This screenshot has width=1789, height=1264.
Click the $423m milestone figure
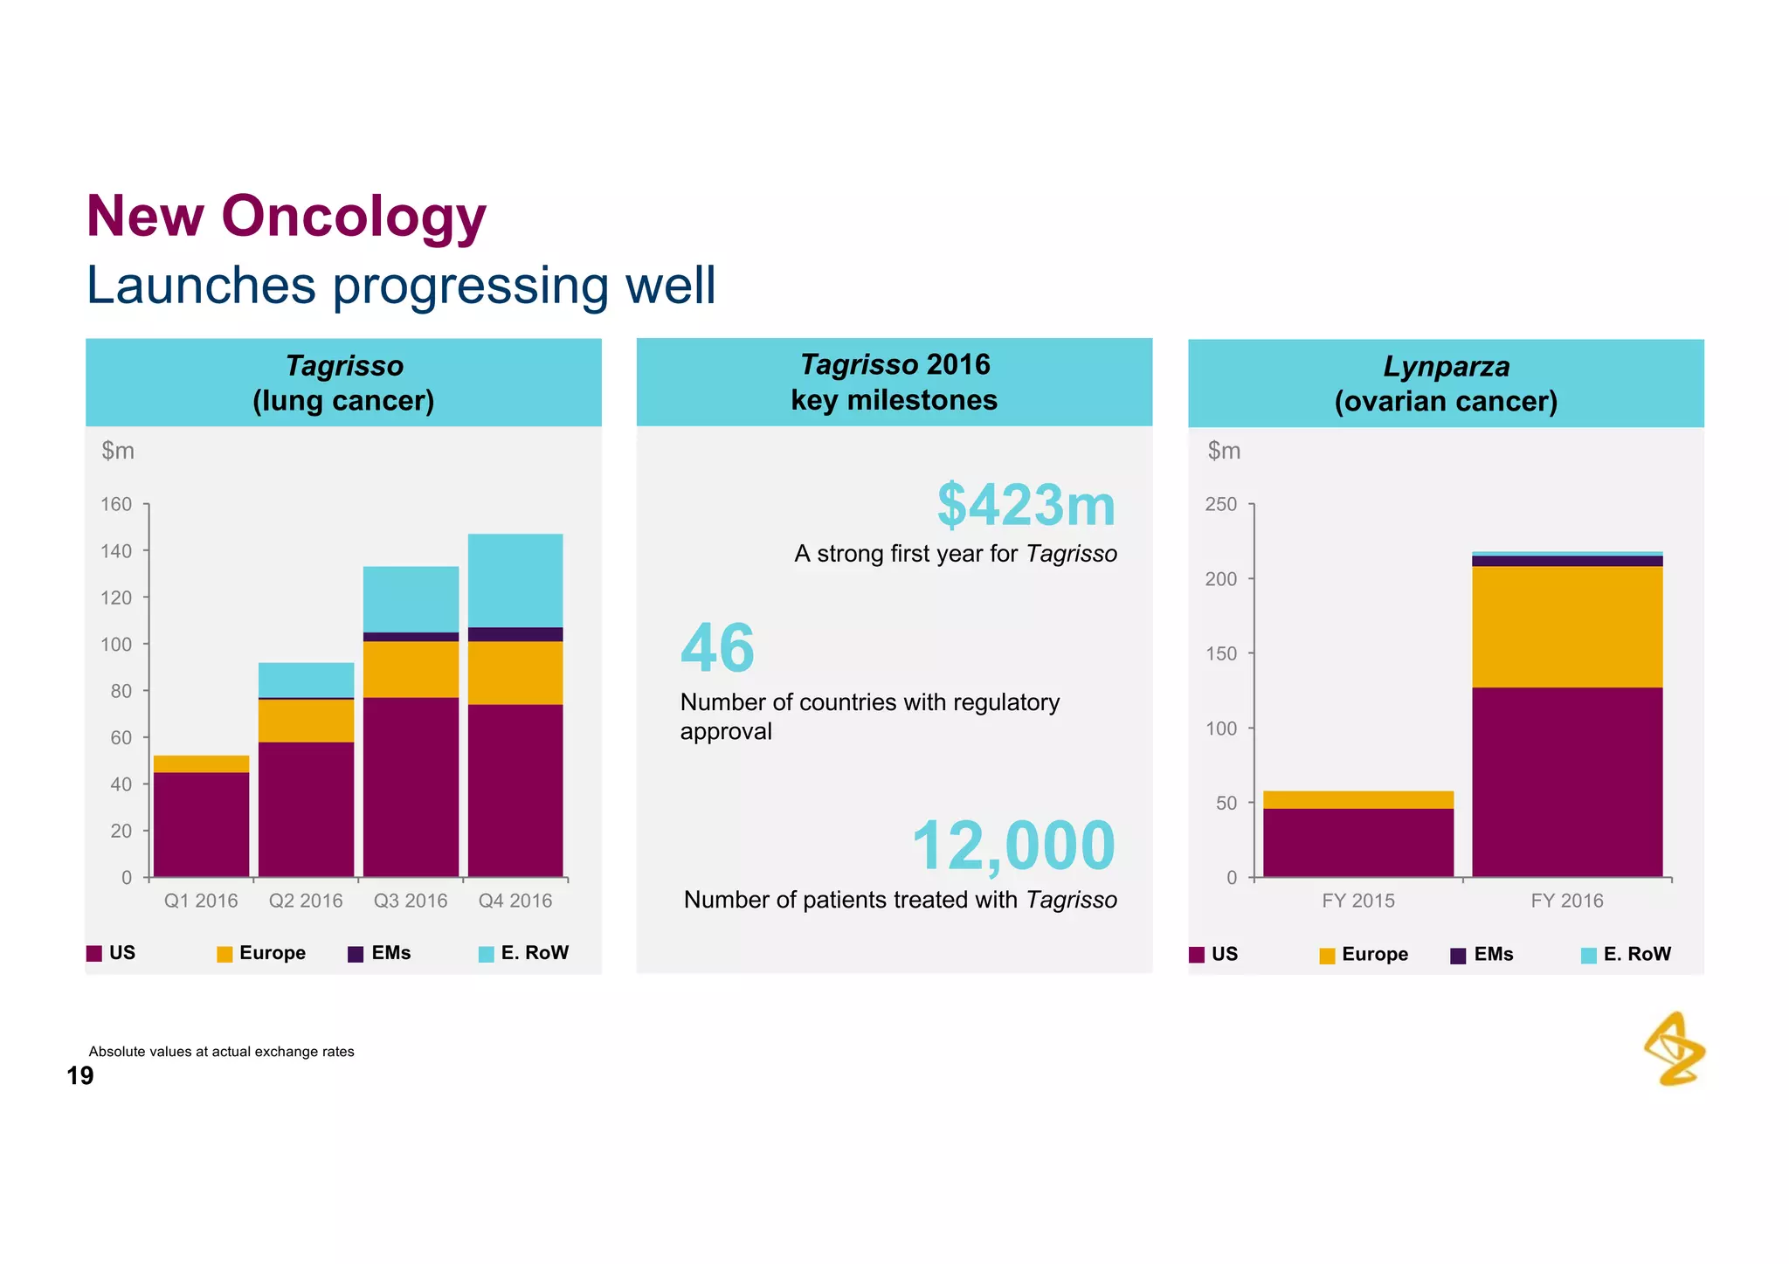pos(1026,506)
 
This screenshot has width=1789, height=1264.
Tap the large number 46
pos(717,648)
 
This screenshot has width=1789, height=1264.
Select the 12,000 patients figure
pos(1012,846)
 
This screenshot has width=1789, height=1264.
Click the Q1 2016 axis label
pos(201,901)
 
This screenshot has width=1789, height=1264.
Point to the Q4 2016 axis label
pos(515,901)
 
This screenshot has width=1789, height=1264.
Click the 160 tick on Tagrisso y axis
pos(116,504)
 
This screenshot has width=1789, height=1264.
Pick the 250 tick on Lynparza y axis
pos(1220,504)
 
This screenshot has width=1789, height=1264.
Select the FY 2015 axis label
pos(1357,901)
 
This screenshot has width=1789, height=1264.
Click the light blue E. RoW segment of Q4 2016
pos(515,580)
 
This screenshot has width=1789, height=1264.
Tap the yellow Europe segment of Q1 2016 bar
pos(201,763)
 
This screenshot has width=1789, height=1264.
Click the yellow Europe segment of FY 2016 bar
pos(1567,626)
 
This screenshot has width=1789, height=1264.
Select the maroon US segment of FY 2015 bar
pos(1357,842)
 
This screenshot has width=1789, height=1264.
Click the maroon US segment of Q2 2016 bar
pos(306,808)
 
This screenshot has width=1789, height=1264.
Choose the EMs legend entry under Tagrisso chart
pos(380,953)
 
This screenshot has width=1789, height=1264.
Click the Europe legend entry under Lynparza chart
pos(1364,954)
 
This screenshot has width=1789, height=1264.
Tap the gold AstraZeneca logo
pos(1674,1049)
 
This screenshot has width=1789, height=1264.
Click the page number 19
pos(79,1076)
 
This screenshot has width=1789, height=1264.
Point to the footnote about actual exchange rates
pos(221,1052)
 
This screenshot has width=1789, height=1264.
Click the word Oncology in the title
pos(353,216)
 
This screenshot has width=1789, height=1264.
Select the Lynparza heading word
pos(1446,367)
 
